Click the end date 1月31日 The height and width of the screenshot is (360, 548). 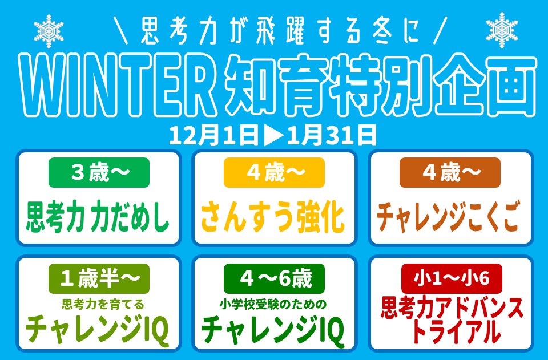pyautogui.click(x=331, y=135)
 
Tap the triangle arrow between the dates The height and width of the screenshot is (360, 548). pyautogui.click(x=272, y=135)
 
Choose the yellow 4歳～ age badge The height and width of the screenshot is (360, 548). pyautogui.click(x=274, y=172)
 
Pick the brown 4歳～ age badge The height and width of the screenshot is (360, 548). pyautogui.click(x=450, y=172)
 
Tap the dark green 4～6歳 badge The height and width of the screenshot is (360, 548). pyautogui.click(x=274, y=279)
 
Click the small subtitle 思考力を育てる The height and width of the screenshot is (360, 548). pyautogui.click(x=98, y=304)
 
